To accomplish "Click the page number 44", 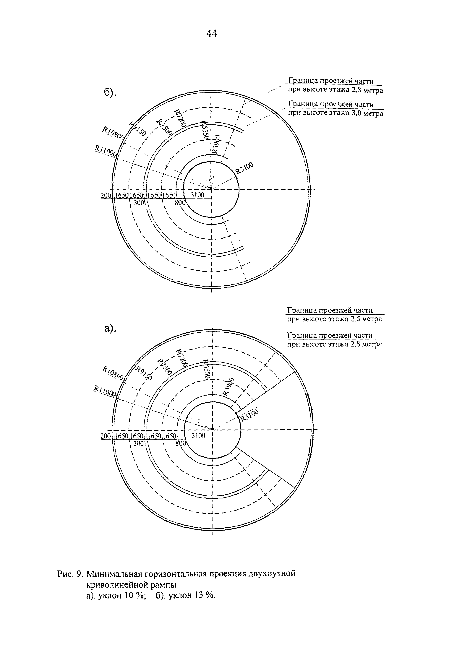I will coord(211,34).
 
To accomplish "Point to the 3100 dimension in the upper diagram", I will coord(197,195).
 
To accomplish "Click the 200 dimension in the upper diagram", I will coord(106,195).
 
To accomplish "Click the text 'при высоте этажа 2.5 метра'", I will coord(334,319).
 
